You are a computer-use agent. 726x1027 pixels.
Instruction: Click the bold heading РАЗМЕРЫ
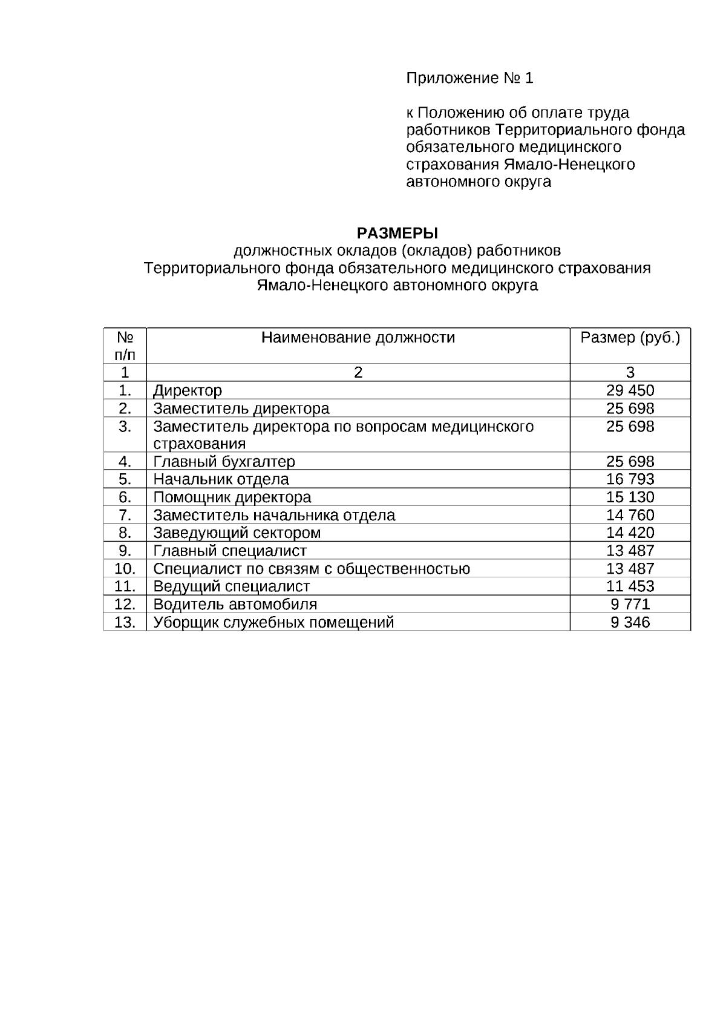point(397,233)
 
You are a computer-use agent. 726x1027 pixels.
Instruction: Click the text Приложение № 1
point(469,78)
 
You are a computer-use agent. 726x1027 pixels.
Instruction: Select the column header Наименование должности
point(358,338)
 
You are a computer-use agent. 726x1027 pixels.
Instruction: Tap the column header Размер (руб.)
point(630,338)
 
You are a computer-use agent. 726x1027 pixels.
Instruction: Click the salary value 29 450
point(630,390)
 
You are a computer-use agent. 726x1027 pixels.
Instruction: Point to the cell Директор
point(188,391)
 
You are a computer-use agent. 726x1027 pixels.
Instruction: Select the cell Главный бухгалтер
point(224,462)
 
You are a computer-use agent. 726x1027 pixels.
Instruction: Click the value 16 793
point(630,479)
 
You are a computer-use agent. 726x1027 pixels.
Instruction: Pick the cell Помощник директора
point(232,497)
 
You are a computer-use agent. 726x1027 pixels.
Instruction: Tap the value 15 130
point(630,497)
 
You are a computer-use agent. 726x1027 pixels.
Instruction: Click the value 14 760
point(630,515)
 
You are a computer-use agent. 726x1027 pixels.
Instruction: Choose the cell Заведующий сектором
point(237,533)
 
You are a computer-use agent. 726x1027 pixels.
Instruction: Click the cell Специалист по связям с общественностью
point(312,569)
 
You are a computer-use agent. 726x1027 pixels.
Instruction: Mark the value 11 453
point(630,586)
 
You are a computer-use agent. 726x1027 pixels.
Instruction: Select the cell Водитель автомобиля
point(235,605)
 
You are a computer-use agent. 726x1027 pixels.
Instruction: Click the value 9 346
point(630,622)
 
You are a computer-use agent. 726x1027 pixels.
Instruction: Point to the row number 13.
point(125,622)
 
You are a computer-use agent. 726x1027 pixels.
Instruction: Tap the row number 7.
point(125,515)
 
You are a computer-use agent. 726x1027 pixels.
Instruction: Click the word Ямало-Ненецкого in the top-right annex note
point(569,165)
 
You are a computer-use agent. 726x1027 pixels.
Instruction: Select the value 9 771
point(630,605)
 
